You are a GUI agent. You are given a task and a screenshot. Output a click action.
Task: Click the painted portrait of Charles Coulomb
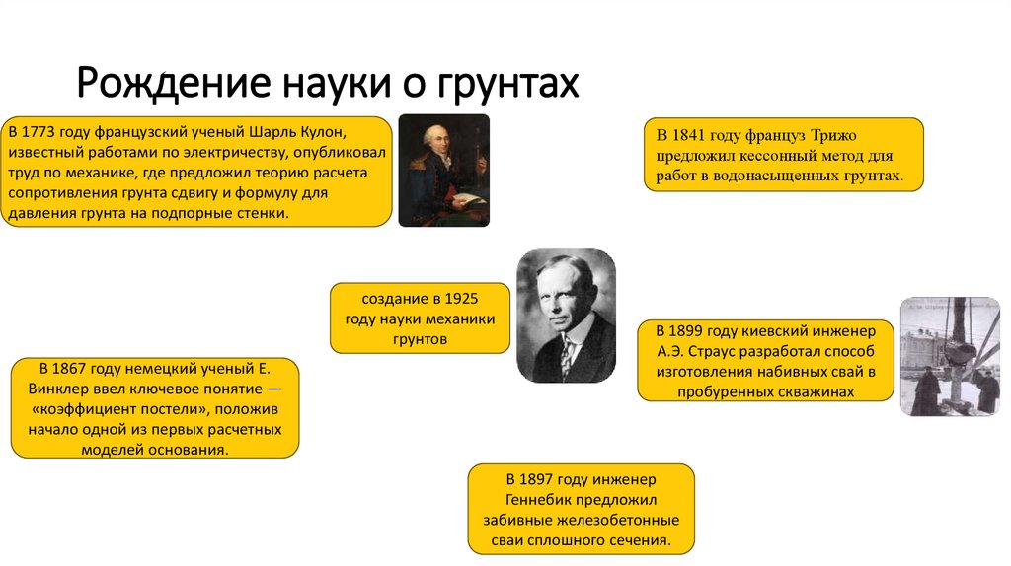pyautogui.click(x=443, y=170)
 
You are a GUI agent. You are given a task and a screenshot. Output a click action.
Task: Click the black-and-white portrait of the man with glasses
pyautogui.click(x=566, y=316)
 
